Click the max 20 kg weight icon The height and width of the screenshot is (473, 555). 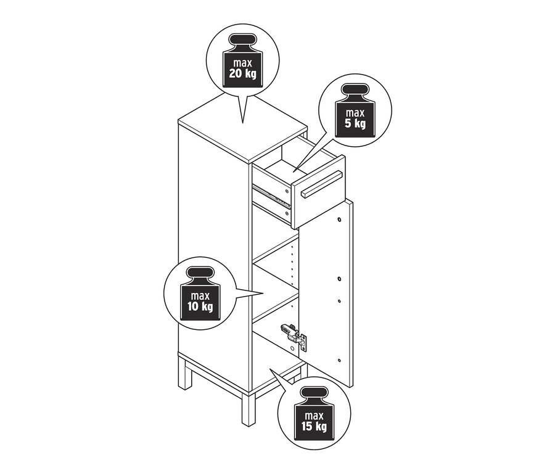pos(243,60)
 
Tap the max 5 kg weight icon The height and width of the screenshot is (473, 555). pos(355,110)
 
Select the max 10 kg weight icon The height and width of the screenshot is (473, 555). pos(200,294)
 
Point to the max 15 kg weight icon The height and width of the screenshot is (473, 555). pos(314,413)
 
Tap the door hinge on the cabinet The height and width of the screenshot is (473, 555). pos(294,337)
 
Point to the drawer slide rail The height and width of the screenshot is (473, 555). pos(271,197)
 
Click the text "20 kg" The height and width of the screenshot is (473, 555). pos(243,74)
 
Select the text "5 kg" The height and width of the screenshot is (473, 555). pos(355,124)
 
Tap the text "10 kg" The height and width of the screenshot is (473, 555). pos(200,306)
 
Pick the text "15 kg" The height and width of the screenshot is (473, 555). pos(314,426)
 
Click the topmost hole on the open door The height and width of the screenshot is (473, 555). pos(339,220)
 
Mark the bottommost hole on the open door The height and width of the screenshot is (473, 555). pos(339,360)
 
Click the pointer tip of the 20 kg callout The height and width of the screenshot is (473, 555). pos(242,123)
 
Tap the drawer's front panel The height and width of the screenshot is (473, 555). pos(318,192)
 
